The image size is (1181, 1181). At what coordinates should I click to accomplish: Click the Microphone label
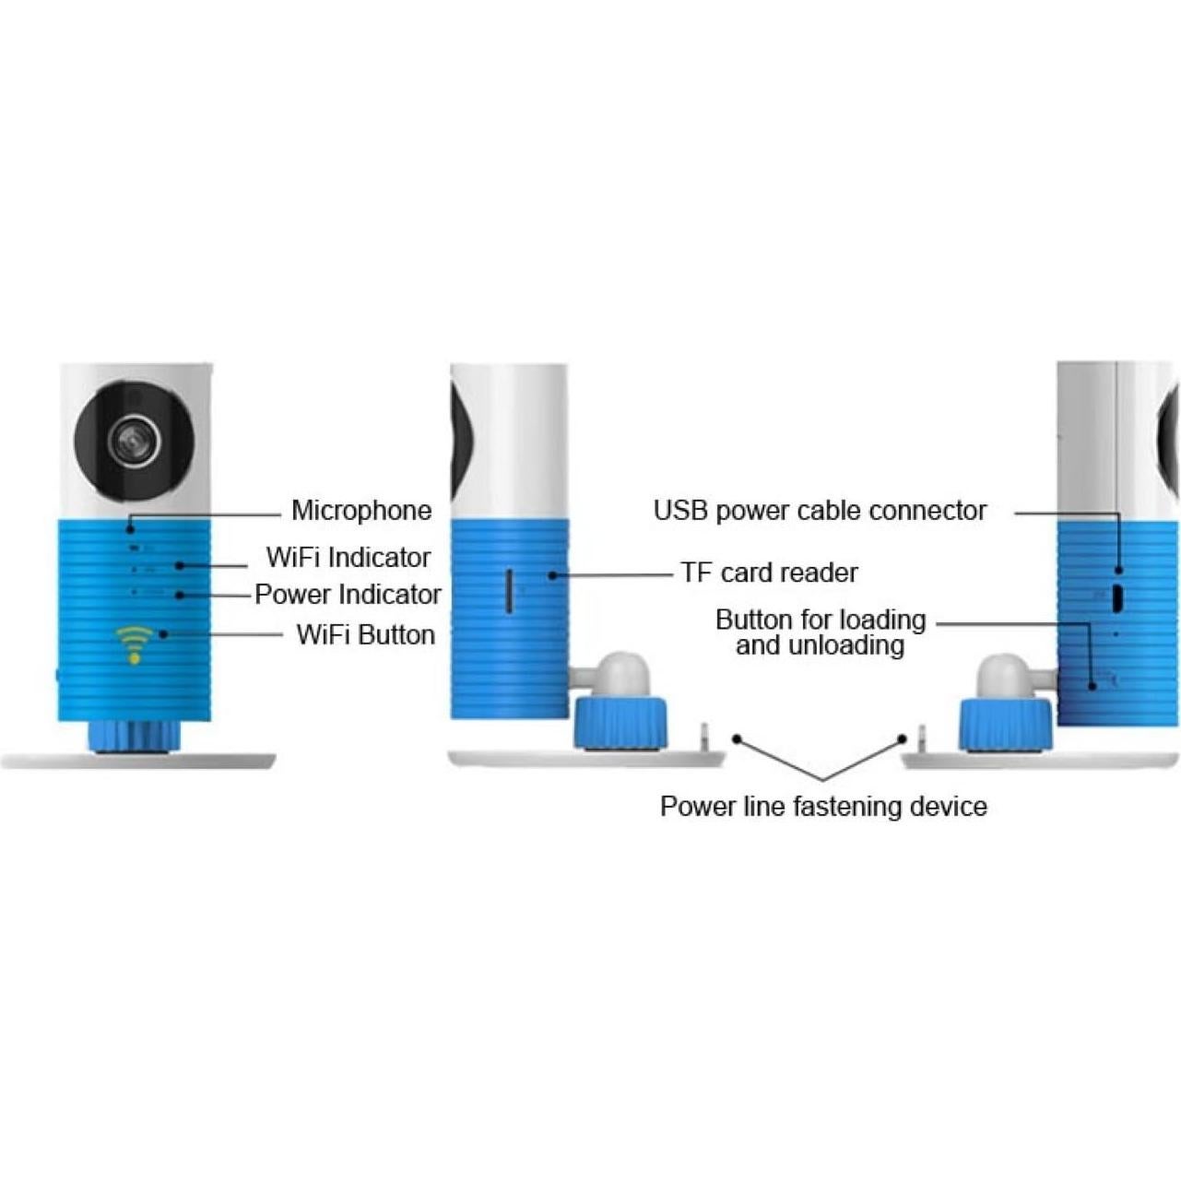pos(360,510)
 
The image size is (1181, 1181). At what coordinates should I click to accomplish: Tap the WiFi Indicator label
pos(348,557)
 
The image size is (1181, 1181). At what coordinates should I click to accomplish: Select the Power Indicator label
pos(348,595)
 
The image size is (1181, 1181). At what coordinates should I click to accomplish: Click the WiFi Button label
pos(365,635)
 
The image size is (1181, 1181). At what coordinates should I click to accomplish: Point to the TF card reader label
pos(769,573)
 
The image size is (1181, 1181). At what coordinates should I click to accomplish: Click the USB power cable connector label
pos(820,510)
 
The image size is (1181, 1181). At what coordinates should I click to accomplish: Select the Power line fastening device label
pos(823,807)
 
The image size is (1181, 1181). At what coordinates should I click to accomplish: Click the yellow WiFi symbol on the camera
pos(135,643)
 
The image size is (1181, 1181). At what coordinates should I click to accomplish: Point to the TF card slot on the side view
pos(509,590)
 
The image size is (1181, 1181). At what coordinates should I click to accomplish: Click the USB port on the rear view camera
pos(1116,597)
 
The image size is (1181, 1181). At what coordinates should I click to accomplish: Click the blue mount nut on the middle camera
pos(620,722)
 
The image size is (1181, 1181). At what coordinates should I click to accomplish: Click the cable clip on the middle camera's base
pos(703,737)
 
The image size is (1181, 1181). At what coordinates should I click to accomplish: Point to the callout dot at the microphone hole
pos(130,528)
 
